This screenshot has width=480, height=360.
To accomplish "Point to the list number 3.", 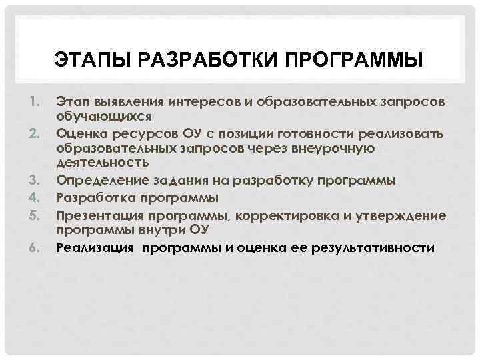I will (35, 180).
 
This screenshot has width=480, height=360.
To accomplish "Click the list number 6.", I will (35, 248).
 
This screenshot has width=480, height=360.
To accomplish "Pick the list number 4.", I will (35, 197).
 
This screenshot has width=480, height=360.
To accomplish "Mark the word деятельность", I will (102, 162).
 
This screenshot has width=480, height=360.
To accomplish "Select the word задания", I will (173, 181).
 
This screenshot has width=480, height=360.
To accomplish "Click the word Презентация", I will (98, 215).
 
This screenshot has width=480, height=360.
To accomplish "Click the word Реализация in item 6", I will (95, 249).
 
